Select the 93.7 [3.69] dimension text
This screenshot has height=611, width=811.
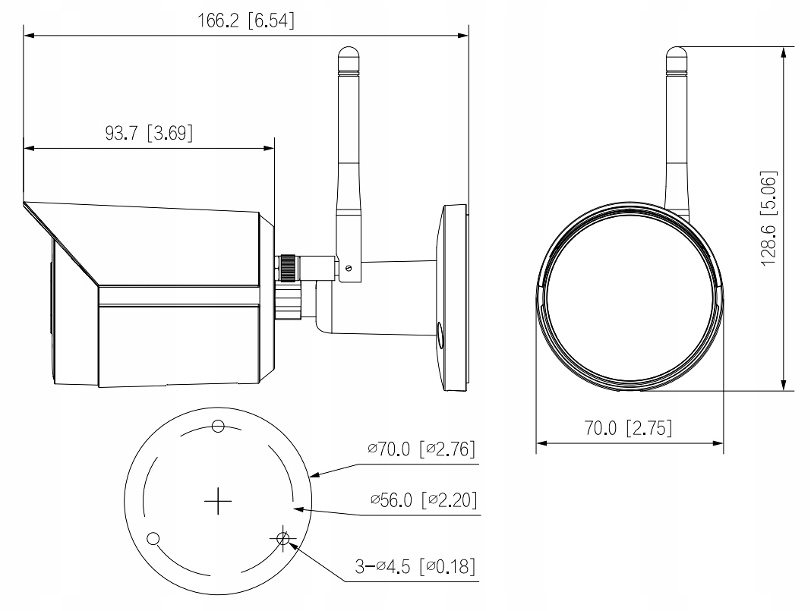point(149,134)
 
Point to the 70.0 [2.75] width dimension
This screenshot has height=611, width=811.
point(628,428)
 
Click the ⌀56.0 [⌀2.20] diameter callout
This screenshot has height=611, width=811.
point(423,500)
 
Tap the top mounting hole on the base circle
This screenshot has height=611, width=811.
point(218,426)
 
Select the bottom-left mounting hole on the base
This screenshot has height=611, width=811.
point(153,538)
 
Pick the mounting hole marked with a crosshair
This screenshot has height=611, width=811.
point(283,538)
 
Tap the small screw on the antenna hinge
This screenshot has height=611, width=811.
point(348,267)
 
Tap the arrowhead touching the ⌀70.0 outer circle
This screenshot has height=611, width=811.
point(315,475)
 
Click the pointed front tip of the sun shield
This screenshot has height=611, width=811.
point(26,203)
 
